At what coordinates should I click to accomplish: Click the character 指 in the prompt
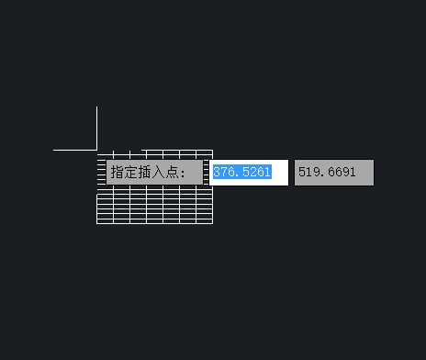(118, 173)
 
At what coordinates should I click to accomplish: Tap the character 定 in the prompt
(131, 173)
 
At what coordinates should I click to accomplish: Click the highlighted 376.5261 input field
(249, 173)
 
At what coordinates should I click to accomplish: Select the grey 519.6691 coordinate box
(334, 173)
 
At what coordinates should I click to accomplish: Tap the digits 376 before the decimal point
(224, 173)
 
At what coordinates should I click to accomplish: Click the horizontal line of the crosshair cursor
(73, 149)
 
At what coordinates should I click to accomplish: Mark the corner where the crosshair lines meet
(96, 149)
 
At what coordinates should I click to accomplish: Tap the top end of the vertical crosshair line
(96, 107)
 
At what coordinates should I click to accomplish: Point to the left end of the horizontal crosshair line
(54, 149)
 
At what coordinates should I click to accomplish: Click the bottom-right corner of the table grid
(212, 223)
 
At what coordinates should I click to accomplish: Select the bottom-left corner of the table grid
(97, 223)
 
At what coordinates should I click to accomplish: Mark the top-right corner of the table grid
(212, 150)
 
